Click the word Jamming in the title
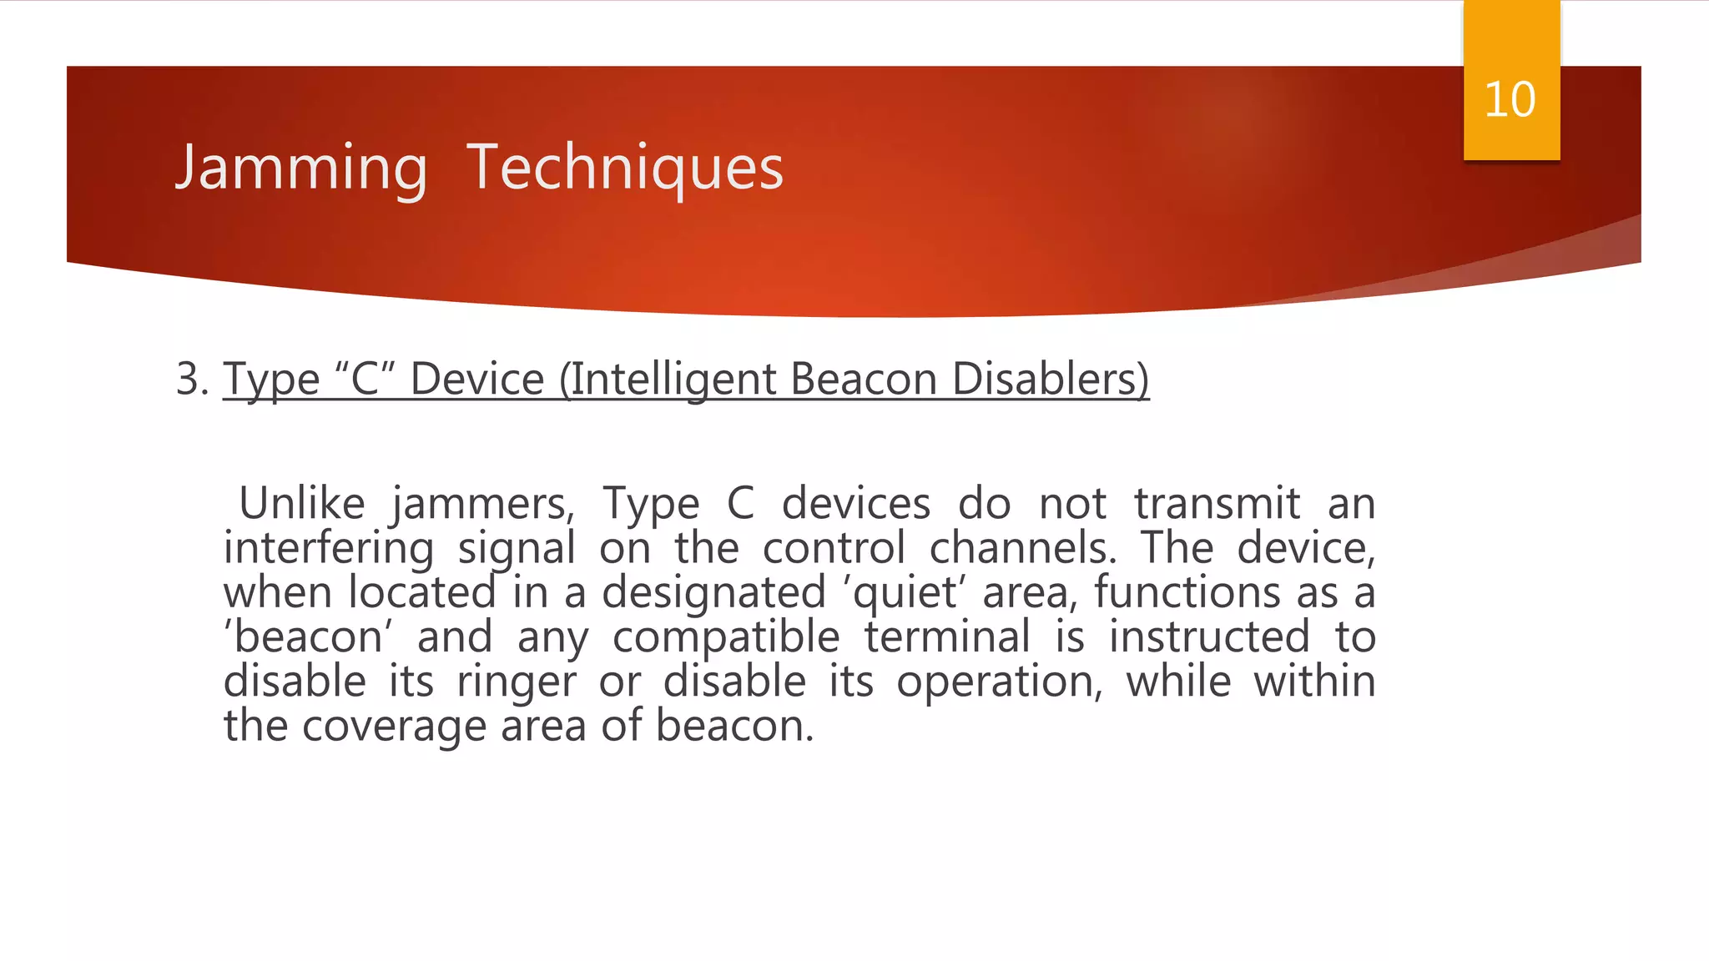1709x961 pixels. point(301,168)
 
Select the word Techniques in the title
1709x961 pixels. point(625,168)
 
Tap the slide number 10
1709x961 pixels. point(1510,100)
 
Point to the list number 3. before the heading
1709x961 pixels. point(193,379)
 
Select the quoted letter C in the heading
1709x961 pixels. point(365,379)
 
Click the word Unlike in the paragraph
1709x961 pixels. point(302,503)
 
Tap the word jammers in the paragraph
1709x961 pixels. point(482,505)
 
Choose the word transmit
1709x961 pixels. point(1217,503)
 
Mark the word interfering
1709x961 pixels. point(329,548)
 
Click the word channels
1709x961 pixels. point(1022,548)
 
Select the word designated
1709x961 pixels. point(714,593)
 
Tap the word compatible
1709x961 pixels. point(726,638)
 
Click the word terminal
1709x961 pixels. point(947,637)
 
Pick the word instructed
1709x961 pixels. point(1209,637)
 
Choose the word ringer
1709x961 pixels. point(517,682)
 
